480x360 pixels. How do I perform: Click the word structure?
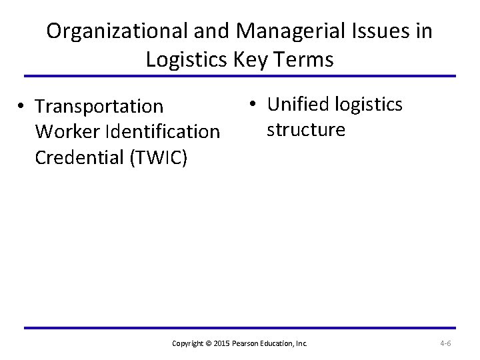pos(306,129)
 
